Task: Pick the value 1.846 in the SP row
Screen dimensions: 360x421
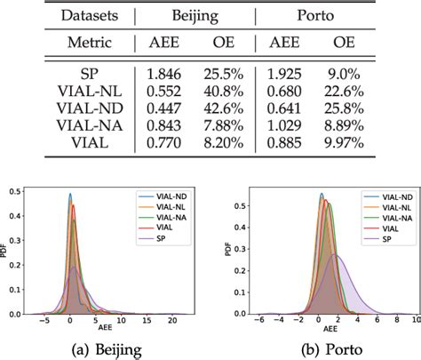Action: [x=173, y=72]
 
